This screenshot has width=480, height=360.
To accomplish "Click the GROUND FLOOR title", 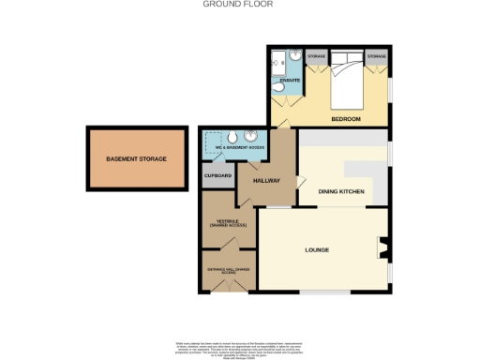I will click(x=239, y=4).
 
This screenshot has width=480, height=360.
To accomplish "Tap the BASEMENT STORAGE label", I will click(x=136, y=159).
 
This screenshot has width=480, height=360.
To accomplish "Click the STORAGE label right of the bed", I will click(x=377, y=57).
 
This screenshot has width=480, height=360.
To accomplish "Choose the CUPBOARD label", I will click(x=218, y=175).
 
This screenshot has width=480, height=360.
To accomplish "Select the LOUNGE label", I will click(x=319, y=250).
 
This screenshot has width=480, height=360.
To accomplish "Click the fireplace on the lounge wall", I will click(x=382, y=248).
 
